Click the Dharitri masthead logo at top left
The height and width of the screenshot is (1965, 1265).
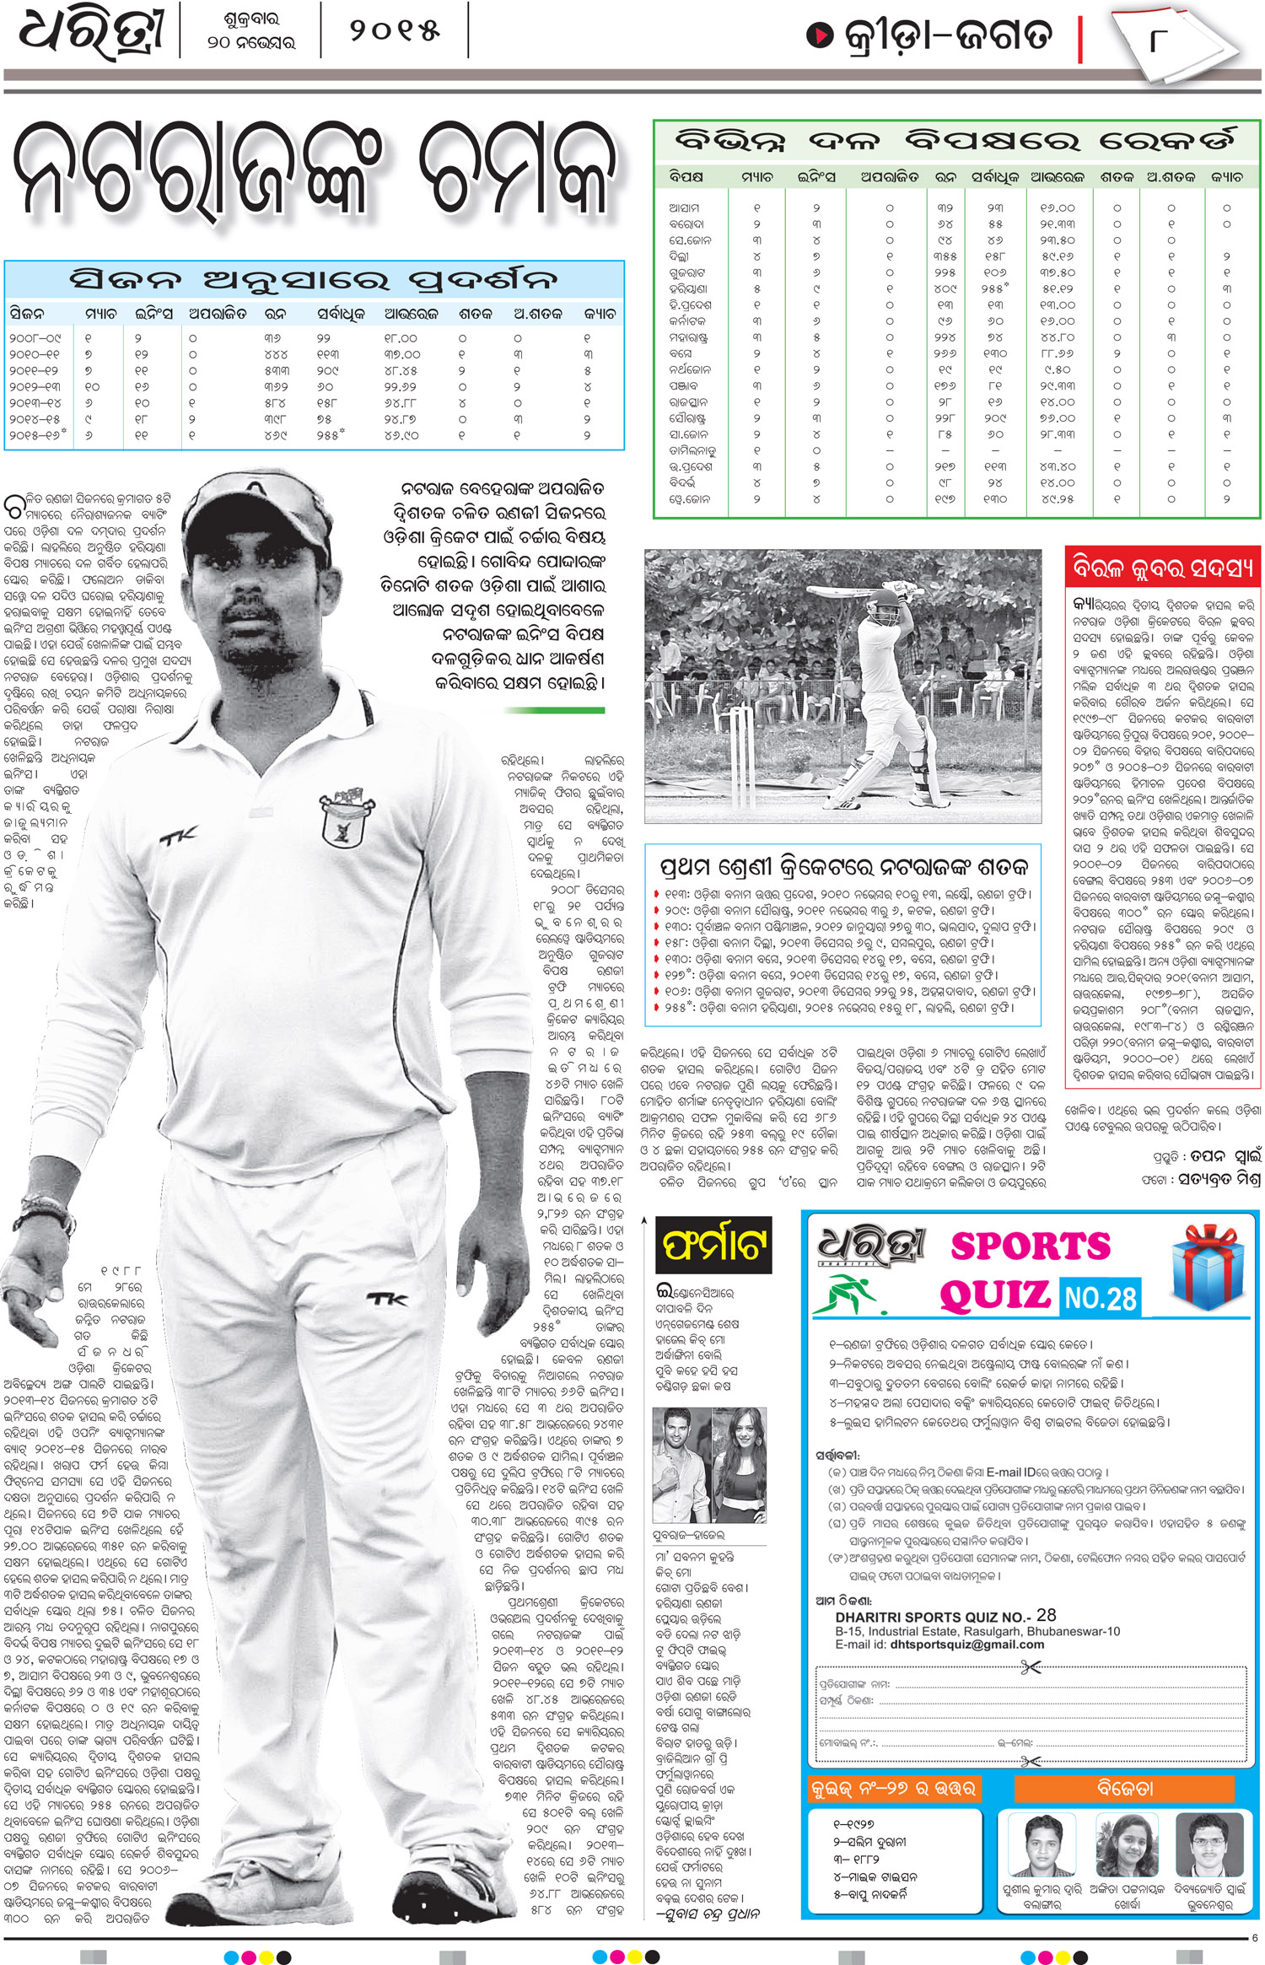[x=90, y=34]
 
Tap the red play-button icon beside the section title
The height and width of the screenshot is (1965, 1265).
[x=819, y=35]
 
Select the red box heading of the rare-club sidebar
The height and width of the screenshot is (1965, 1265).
[x=1162, y=568]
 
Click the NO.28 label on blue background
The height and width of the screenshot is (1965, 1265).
[x=1100, y=1297]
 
